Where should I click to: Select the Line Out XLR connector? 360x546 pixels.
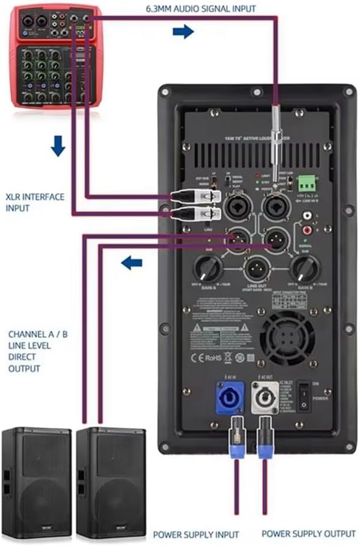click(256, 268)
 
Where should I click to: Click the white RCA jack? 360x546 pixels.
click(308, 215)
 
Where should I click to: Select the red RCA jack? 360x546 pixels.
click(308, 229)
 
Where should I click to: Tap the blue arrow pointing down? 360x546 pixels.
click(58, 146)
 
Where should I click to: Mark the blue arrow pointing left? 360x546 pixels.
click(132, 262)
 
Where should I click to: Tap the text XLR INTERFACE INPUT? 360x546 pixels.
click(34, 202)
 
